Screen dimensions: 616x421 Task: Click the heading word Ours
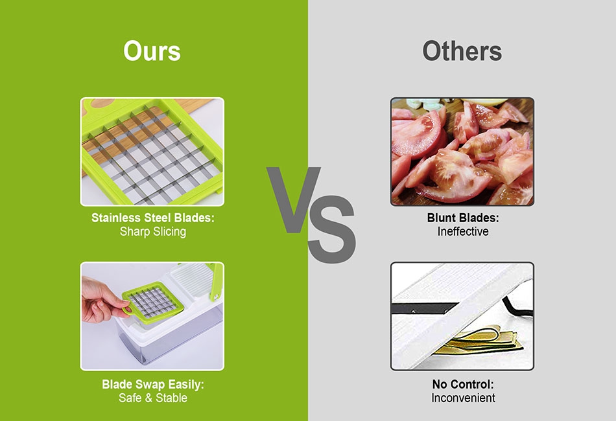152,51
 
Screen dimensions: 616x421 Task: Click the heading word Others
462,51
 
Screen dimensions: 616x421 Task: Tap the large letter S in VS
331,229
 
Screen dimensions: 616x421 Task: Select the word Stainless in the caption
116,218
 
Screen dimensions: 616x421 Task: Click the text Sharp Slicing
153,231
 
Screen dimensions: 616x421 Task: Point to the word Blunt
443,218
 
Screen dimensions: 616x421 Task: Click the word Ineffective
463,231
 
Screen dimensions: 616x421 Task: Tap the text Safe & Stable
153,398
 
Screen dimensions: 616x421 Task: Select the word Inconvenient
463,398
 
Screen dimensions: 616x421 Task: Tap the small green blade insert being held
152,301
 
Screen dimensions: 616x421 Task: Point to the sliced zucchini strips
481,339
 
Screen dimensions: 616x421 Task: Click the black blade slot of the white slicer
424,308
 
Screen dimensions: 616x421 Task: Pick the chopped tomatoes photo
462,152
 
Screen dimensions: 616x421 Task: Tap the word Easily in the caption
185,385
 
